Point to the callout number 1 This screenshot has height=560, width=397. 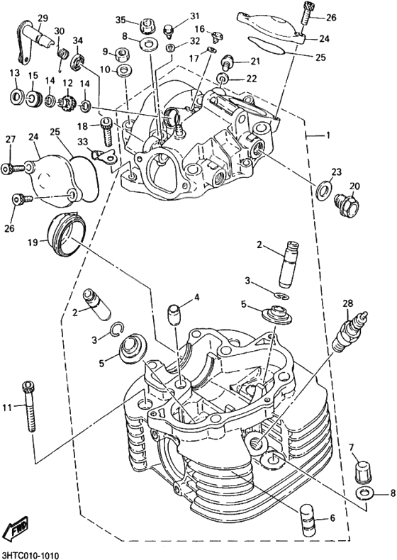click(327, 135)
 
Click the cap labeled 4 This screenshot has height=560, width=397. click(174, 311)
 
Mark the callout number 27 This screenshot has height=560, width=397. click(10, 140)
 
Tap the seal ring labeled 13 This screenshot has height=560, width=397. click(15, 96)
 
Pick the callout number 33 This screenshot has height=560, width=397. click(83, 142)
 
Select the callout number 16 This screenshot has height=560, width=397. click(200, 29)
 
